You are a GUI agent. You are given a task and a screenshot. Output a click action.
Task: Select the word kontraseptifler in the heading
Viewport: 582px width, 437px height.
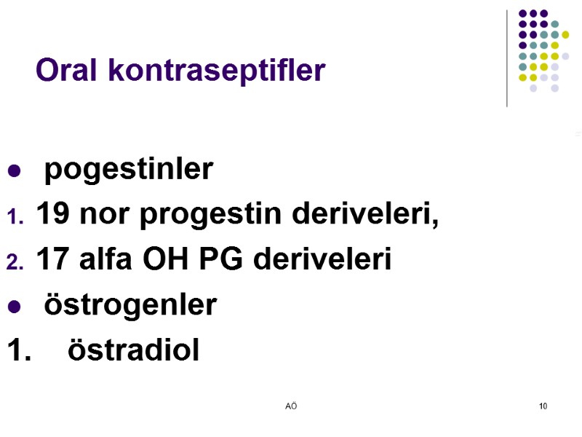pyautogui.click(x=216, y=71)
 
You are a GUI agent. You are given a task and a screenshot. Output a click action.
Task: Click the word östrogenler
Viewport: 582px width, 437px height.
pyautogui.click(x=130, y=305)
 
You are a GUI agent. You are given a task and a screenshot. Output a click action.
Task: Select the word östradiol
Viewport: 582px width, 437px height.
pyautogui.click(x=133, y=350)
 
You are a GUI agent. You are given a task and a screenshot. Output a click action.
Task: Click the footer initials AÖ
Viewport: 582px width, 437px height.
pyautogui.click(x=291, y=406)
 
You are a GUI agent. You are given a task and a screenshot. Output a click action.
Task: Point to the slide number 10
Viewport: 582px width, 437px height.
pyautogui.click(x=543, y=406)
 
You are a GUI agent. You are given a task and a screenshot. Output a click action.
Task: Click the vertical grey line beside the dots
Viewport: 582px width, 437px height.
pyautogui.click(x=507, y=58)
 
